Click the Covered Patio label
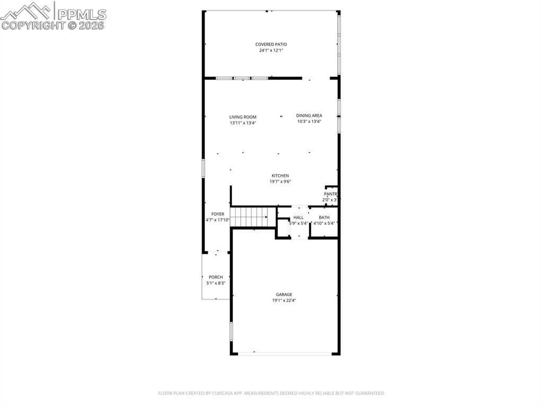(271, 45)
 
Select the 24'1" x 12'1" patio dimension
(271, 51)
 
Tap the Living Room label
(243, 117)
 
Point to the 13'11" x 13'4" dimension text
(243, 123)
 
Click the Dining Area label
(309, 116)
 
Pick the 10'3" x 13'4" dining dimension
(309, 122)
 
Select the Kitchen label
(280, 176)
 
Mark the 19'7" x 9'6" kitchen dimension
(280, 181)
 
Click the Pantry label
(331, 194)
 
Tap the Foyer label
(217, 214)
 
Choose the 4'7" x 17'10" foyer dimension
(217, 220)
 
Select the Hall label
(299, 218)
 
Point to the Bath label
(324, 218)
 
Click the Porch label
(216, 277)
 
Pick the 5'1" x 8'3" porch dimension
(216, 283)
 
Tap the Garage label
(284, 295)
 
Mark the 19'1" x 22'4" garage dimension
(284, 300)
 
